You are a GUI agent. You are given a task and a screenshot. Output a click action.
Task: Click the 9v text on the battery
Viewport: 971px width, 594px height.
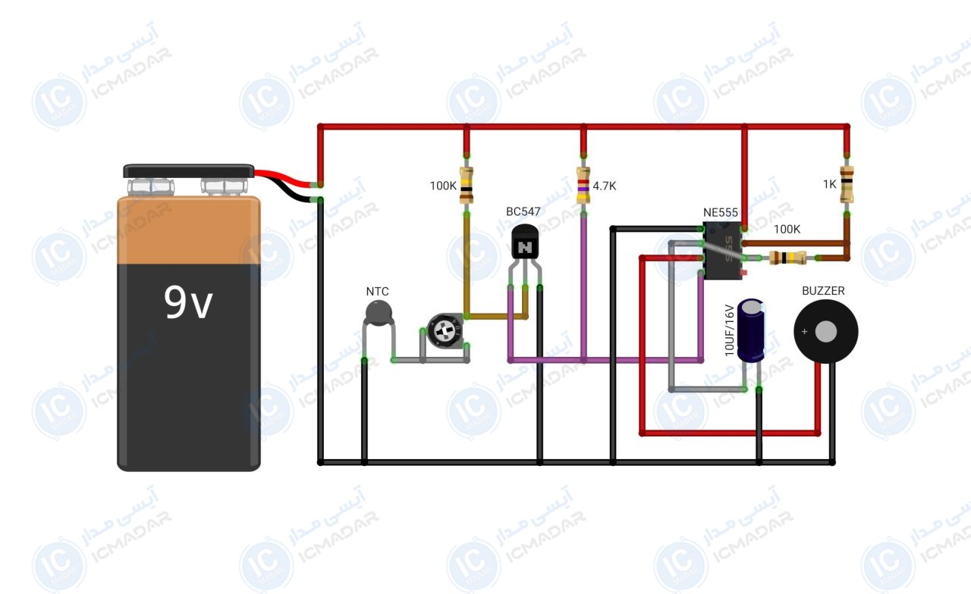pyautogui.click(x=188, y=302)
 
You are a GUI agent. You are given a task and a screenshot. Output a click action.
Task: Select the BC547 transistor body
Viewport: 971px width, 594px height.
pyautogui.click(x=525, y=242)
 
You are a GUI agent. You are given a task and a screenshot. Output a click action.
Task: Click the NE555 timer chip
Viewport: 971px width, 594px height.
pyautogui.click(x=722, y=251)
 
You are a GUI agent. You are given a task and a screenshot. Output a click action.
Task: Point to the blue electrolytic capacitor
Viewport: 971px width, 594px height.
pyautogui.click(x=751, y=330)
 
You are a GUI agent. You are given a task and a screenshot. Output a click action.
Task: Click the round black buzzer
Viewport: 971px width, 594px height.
pyautogui.click(x=826, y=332)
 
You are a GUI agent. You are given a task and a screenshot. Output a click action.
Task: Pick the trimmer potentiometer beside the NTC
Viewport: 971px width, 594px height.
pyautogui.click(x=445, y=331)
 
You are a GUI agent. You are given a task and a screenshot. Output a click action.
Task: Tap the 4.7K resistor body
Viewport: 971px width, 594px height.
pyautogui.click(x=583, y=186)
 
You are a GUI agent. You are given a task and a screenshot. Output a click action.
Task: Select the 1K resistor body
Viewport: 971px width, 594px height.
pyautogui.click(x=847, y=184)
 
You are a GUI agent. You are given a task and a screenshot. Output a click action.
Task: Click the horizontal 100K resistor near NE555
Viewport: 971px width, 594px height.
pyautogui.click(x=787, y=258)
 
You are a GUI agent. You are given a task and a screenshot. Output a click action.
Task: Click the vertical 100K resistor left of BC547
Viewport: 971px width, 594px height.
pyautogui.click(x=467, y=186)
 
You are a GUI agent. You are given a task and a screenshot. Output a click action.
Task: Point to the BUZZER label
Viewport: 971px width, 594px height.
pyautogui.click(x=823, y=291)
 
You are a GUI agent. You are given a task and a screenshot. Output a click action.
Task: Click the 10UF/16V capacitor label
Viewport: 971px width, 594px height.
pyautogui.click(x=730, y=330)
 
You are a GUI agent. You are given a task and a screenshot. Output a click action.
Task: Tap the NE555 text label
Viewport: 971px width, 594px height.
pyautogui.click(x=721, y=213)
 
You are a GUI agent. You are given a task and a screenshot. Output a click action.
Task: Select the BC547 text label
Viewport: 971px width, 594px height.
pyautogui.click(x=523, y=211)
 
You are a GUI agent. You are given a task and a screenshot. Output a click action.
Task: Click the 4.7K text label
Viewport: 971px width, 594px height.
pyautogui.click(x=605, y=186)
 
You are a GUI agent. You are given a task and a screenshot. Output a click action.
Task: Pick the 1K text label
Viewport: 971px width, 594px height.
pyautogui.click(x=830, y=184)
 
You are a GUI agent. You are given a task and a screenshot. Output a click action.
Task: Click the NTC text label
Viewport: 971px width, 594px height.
pyautogui.click(x=377, y=292)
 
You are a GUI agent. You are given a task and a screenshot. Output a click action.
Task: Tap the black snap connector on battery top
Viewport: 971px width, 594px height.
pyautogui.click(x=189, y=171)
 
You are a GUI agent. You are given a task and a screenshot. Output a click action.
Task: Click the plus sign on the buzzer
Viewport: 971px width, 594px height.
pyautogui.click(x=805, y=332)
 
